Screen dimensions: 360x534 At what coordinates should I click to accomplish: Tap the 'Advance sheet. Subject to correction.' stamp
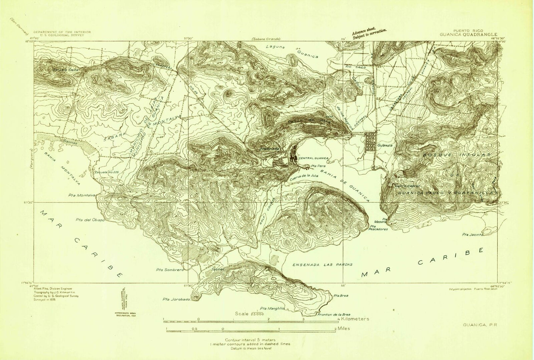368,34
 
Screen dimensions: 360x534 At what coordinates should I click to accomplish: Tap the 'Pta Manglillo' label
272,308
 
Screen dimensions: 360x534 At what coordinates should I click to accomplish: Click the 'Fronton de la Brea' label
331,314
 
